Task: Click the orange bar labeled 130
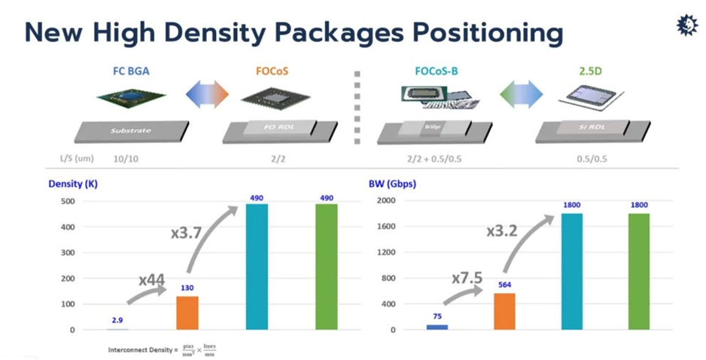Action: point(188,313)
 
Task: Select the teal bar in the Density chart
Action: point(258,267)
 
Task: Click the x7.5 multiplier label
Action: point(467,277)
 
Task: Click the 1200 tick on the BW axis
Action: point(388,252)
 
